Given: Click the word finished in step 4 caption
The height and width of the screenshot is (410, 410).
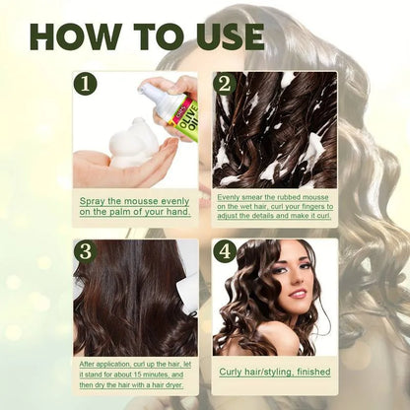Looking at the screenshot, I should [303, 371].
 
